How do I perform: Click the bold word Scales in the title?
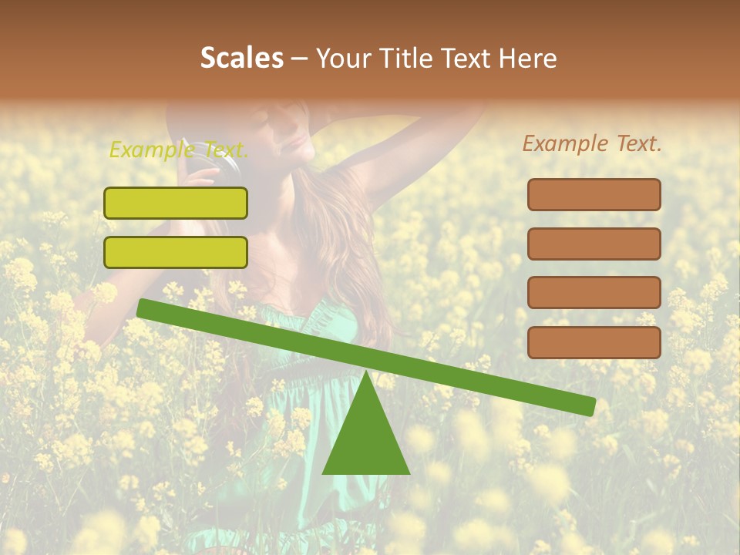pyautogui.click(x=241, y=58)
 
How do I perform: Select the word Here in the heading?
pyautogui.click(x=528, y=58)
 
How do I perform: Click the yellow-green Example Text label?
pyautogui.click(x=178, y=149)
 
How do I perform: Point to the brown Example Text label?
pyautogui.click(x=592, y=143)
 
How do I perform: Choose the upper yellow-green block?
pyautogui.click(x=176, y=203)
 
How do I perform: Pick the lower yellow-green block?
pyautogui.click(x=176, y=252)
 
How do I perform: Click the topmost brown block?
pyautogui.click(x=594, y=194)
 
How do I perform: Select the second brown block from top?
pyautogui.click(x=594, y=244)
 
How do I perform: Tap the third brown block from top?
pyautogui.click(x=594, y=293)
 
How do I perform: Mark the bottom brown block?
pyautogui.click(x=594, y=342)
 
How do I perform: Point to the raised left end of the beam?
pyautogui.click(x=143, y=308)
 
